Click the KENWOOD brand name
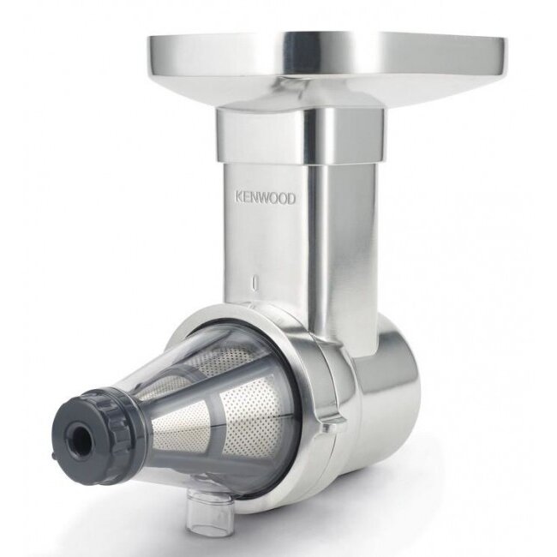click(x=264, y=199)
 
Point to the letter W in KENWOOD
click(x=265, y=199)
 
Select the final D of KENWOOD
click(x=291, y=200)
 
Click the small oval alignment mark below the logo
click(x=255, y=282)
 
